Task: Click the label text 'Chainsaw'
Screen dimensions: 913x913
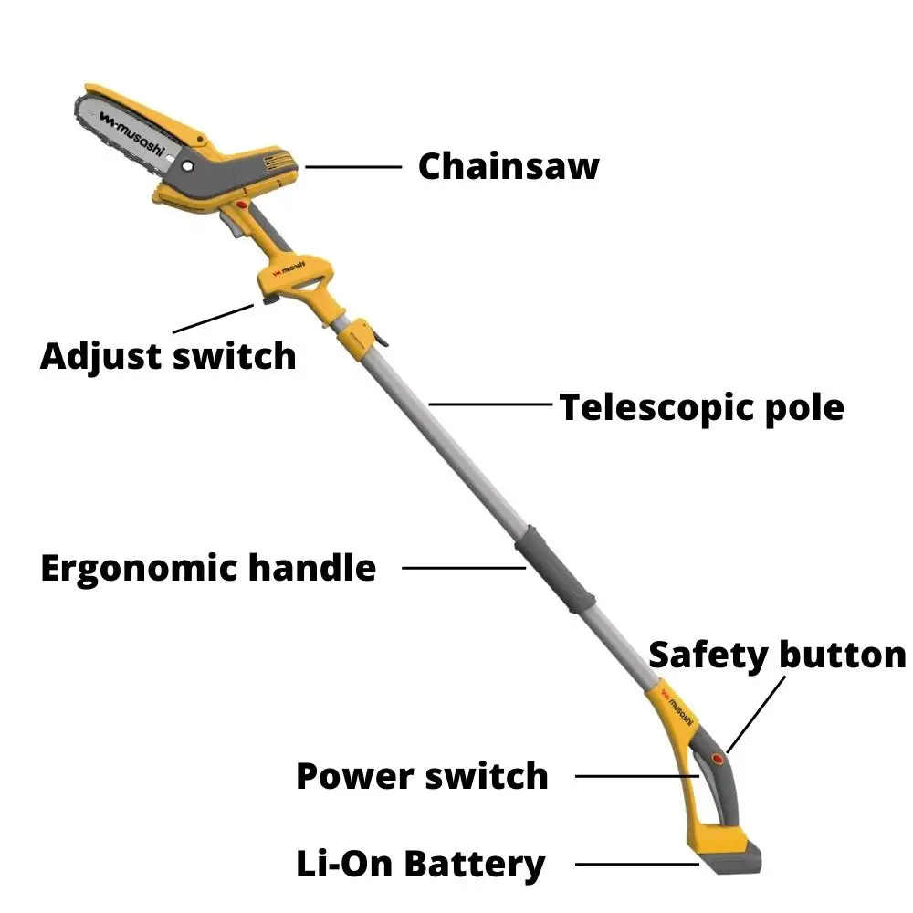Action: (509, 167)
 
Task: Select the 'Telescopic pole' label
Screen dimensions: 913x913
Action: (701, 407)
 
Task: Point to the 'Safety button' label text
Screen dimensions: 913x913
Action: (776, 655)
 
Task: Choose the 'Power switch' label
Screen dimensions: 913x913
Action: (422, 776)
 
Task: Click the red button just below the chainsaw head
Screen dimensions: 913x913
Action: (242, 209)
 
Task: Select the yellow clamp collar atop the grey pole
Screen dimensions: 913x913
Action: (359, 339)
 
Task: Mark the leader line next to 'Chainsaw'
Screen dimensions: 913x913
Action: (353, 167)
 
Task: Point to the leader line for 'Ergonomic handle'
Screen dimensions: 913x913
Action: (464, 568)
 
